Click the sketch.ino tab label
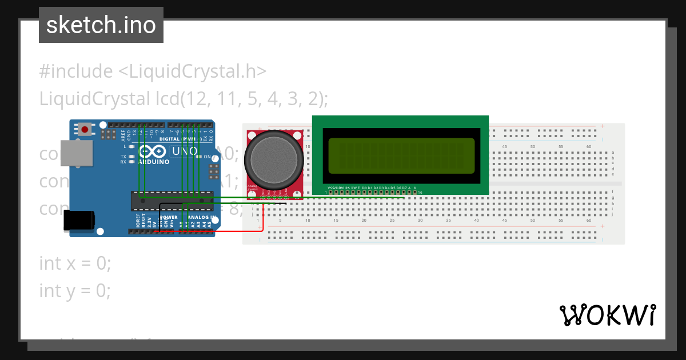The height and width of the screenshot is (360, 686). (101, 25)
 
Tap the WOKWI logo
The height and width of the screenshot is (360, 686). (607, 315)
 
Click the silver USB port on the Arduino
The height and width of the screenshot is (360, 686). (77, 154)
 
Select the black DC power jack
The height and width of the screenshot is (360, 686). (78, 221)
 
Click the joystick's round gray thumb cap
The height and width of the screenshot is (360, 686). (273, 159)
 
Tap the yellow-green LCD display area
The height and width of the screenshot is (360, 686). (400, 155)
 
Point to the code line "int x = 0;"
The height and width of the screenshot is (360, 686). (75, 263)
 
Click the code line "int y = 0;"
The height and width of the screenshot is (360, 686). (75, 291)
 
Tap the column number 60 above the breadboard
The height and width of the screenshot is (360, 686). (589, 147)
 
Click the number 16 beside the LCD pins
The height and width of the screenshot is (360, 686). (420, 193)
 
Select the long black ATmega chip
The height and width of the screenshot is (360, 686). (172, 198)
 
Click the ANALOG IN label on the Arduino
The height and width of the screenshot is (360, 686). (198, 218)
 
